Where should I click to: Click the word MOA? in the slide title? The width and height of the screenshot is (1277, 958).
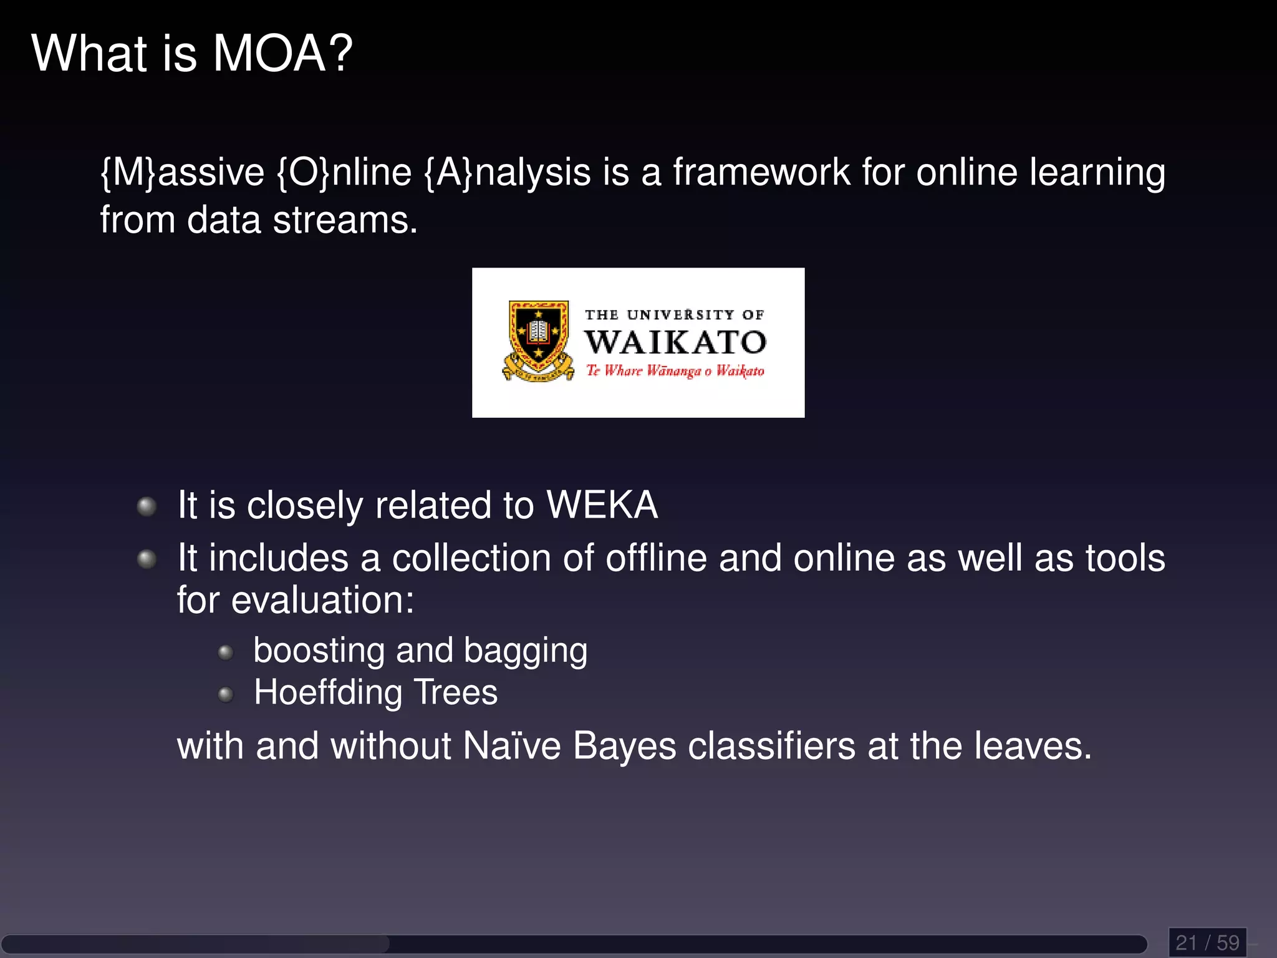[282, 54]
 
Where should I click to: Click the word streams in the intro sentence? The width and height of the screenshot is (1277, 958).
[344, 220]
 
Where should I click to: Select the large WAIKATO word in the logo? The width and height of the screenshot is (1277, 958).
[675, 342]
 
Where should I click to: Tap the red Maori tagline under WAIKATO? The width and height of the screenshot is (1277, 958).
[675, 371]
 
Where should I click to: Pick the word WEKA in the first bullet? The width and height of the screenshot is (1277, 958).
[602, 505]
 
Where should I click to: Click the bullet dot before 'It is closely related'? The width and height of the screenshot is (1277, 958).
[147, 506]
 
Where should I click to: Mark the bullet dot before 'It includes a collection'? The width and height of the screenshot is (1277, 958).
[147, 558]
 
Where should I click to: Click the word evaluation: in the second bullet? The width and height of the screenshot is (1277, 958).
[322, 600]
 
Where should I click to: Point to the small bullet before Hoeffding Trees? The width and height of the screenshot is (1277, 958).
[226, 694]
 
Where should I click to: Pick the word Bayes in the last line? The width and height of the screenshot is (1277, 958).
[624, 747]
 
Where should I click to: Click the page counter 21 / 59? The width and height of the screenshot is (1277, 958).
[1207, 942]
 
